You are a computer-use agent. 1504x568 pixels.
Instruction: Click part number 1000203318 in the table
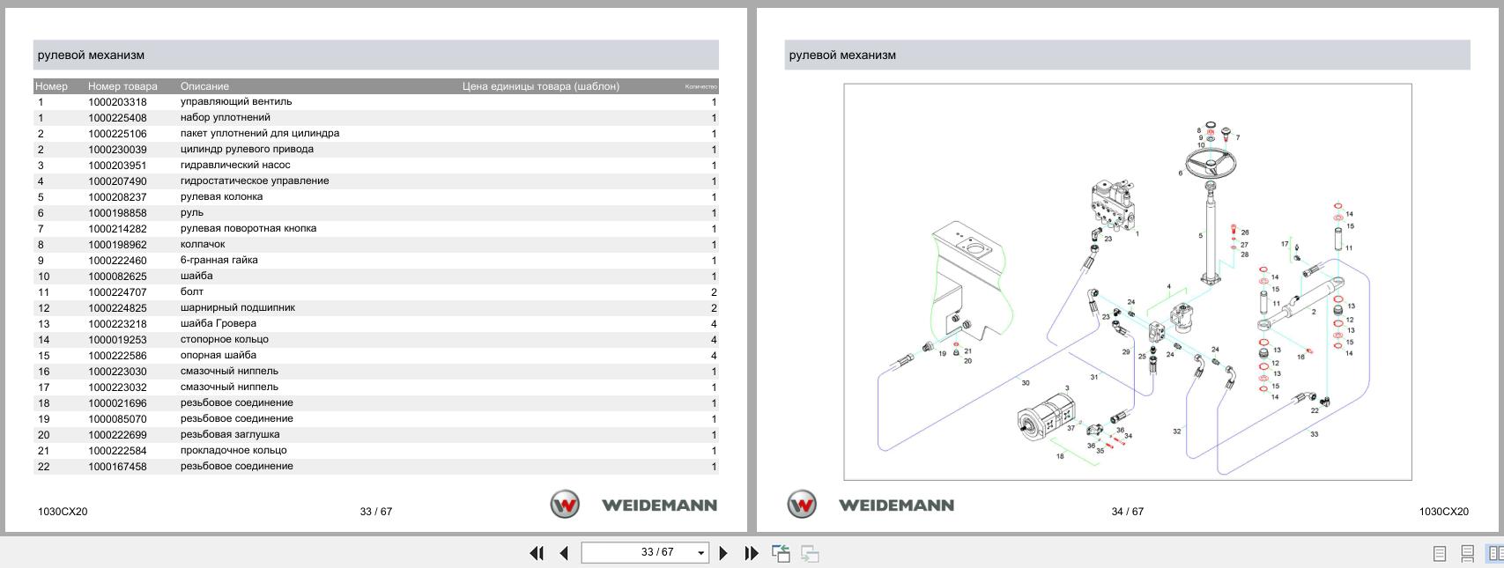point(117,102)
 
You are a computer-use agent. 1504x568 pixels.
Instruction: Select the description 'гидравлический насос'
point(234,166)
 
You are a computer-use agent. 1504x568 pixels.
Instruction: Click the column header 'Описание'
point(204,86)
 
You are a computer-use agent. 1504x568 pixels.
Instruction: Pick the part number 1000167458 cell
point(117,467)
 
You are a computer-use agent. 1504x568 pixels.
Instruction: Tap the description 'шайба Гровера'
point(218,324)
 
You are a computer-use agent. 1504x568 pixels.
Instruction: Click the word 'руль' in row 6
point(191,213)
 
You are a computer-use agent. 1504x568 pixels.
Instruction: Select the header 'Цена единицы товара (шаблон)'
point(540,86)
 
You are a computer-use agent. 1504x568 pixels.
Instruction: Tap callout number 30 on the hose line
point(1025,383)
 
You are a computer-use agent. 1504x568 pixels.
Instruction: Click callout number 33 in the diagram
point(1314,434)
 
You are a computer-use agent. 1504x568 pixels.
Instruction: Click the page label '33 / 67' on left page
point(375,512)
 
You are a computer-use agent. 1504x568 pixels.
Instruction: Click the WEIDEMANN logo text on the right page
point(896,505)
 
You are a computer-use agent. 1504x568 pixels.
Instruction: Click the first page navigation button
point(536,553)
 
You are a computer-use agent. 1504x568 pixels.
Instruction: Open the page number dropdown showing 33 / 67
point(701,553)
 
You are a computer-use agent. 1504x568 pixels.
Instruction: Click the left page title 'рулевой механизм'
point(91,55)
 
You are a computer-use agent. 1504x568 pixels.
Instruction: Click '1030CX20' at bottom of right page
point(1443,512)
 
